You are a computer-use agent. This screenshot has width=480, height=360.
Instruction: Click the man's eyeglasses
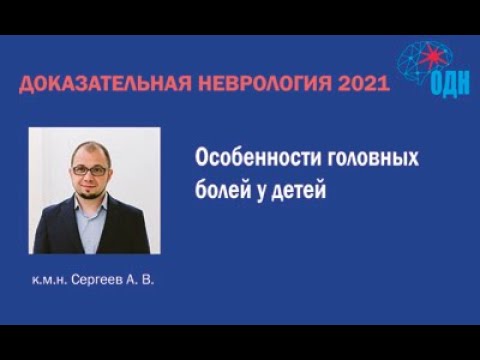(89, 171)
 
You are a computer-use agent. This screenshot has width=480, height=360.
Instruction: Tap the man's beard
(91, 193)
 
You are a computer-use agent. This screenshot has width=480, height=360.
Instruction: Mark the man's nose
(89, 178)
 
